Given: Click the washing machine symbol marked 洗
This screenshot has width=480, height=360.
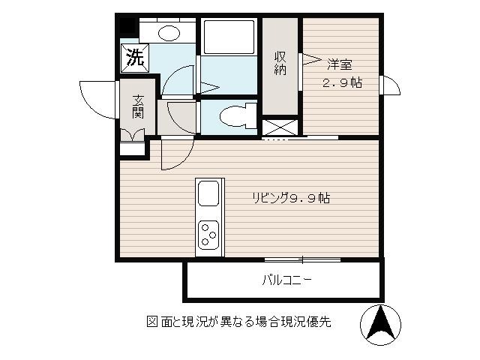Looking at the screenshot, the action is coord(135,58).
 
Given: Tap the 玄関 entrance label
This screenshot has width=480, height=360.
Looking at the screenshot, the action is coord(138,106).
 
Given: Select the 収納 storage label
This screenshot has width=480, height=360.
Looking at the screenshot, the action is coord(280,63).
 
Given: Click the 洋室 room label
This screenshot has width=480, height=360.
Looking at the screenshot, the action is coord(340,64).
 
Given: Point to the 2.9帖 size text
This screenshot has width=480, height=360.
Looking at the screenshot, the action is coord(342,82).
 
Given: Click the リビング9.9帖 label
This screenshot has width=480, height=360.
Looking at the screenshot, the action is coord(291,198).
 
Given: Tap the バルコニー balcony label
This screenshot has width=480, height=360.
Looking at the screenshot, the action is coord(286,280).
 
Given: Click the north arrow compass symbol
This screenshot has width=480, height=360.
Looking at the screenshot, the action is coord(380,325).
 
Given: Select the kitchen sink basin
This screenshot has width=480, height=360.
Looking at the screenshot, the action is coord(208,193).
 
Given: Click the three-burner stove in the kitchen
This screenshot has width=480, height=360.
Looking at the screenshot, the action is coord(208,235).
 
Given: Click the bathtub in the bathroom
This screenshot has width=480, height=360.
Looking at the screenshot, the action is coord(229,37).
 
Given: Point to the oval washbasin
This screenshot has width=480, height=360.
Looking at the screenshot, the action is coord(169,33).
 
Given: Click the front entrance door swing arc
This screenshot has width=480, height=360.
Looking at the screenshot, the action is coord(99,100).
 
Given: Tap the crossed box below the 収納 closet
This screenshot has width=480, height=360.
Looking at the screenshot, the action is coord(280,127).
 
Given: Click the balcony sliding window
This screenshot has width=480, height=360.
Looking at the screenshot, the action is coord(302,260).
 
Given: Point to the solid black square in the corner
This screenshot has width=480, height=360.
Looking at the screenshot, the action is coord(127,25).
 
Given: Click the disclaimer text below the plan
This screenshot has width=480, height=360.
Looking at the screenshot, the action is coord(238,322).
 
